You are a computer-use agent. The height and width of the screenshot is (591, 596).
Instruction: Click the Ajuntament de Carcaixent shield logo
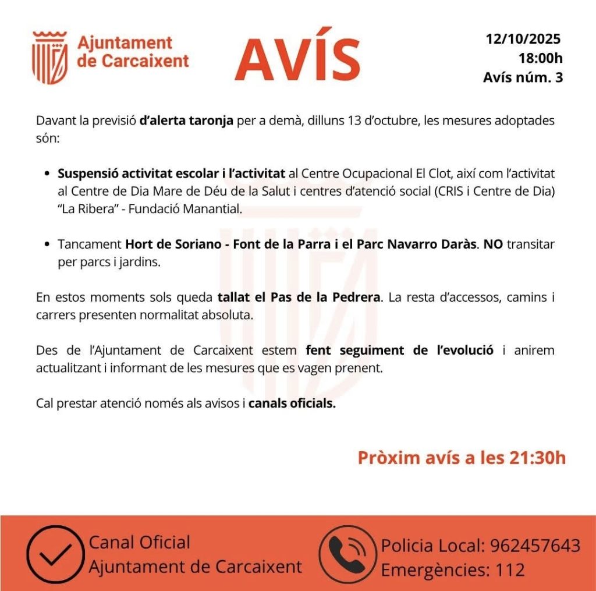point(49,58)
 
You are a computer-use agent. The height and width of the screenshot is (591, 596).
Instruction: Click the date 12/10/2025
point(523,39)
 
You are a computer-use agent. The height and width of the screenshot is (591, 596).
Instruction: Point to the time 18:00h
point(541,58)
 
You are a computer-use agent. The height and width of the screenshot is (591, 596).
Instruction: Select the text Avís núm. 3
point(523,77)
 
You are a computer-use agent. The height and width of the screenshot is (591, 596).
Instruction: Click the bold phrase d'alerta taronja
point(186,121)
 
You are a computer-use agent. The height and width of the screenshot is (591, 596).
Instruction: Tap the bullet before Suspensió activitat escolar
point(47,174)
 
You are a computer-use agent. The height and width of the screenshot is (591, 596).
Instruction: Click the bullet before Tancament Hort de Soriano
point(47,245)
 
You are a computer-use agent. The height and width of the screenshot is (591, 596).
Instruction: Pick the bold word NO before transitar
point(493,244)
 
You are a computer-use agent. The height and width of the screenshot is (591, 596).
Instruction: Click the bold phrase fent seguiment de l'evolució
point(399,351)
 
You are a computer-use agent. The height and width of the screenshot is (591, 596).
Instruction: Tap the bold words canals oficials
point(292,404)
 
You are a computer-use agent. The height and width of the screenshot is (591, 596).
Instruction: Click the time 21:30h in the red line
point(539,458)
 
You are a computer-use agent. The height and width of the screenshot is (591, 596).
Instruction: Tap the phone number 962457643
point(535,546)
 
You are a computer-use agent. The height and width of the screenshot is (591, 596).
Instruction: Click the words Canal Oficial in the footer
point(140,543)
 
